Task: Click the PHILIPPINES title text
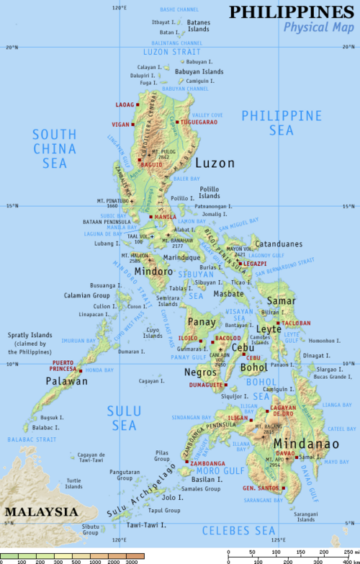(292, 12)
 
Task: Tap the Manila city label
(165, 217)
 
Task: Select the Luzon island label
(215, 164)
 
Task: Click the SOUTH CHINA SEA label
(54, 148)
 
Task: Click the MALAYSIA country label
(40, 511)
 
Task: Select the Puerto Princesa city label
(63, 365)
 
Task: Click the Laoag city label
(125, 104)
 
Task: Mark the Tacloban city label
(296, 323)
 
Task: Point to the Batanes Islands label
(199, 26)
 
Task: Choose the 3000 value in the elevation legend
(131, 560)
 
